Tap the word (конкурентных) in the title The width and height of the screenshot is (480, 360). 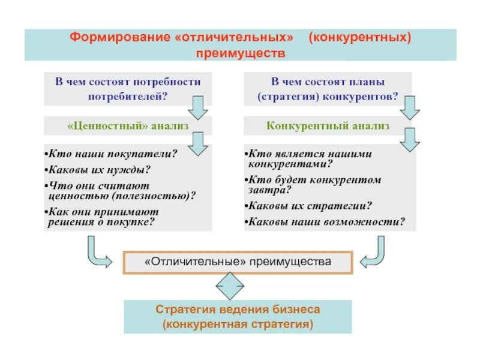pos(360,38)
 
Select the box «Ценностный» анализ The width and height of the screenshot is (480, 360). pos(128,126)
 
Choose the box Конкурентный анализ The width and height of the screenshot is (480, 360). pos(328,126)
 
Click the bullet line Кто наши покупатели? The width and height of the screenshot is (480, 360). pos(114,154)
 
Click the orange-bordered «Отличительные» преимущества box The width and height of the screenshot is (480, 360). pos(238,262)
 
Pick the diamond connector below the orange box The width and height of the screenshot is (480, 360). pos(230,287)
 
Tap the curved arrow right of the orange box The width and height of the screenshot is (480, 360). pos(373,253)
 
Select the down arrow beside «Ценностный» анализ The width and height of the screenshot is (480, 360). pos(198,142)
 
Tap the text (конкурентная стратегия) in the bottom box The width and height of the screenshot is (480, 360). pos(238,325)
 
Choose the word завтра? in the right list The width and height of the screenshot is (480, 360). pos(269,190)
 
